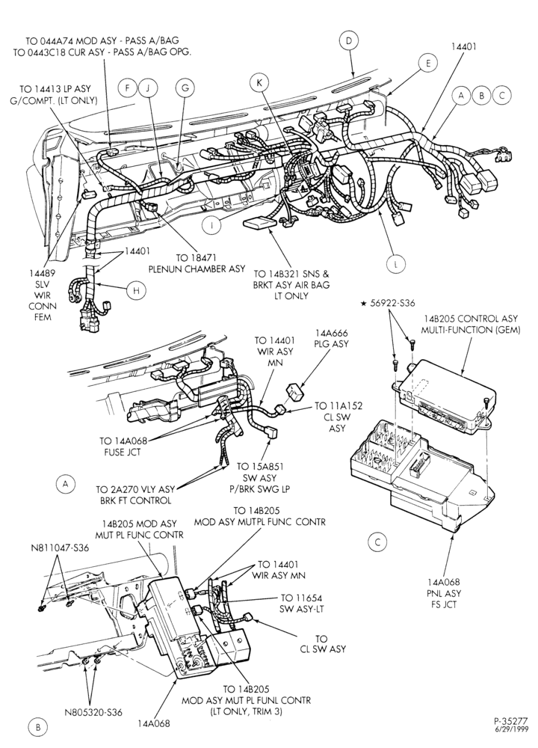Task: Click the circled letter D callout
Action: [349, 41]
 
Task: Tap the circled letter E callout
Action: [428, 63]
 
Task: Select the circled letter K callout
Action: [259, 83]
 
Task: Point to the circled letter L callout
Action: [395, 264]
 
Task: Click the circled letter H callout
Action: [136, 290]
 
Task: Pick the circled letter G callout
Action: [185, 88]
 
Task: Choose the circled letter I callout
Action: [210, 224]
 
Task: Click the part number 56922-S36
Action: [396, 304]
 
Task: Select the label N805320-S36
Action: [93, 713]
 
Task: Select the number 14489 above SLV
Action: [43, 273]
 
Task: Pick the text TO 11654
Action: [301, 598]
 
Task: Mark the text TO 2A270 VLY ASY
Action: [135, 489]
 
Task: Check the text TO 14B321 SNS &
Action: [291, 275]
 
